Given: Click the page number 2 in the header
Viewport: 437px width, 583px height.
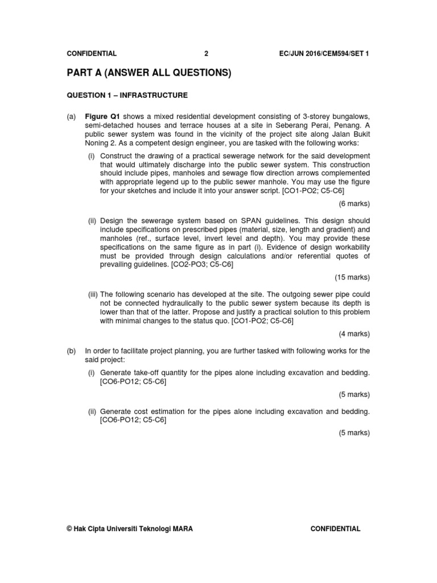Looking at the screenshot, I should click(207, 54).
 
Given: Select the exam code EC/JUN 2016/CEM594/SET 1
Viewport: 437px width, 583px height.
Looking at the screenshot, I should click(324, 54).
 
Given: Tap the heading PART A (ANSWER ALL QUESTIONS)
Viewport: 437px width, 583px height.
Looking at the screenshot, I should click(149, 73).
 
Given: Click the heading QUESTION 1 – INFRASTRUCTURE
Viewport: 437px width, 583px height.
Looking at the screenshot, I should click(127, 95).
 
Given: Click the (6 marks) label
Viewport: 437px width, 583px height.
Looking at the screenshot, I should click(354, 203).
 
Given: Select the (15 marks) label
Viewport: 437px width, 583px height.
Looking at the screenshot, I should click(352, 277).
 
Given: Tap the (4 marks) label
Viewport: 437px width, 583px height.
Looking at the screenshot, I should click(354, 334).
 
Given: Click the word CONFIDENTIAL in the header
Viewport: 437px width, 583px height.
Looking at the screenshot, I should click(92, 54).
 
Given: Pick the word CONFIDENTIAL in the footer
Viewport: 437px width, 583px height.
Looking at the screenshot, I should click(335, 529).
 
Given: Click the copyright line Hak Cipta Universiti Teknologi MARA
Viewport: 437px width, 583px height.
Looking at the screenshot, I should click(130, 529).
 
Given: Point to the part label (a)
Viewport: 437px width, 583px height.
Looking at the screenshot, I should click(71, 117).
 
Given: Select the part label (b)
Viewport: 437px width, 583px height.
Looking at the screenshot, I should click(71, 351).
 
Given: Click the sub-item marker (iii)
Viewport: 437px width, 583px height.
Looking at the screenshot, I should click(93, 294).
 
